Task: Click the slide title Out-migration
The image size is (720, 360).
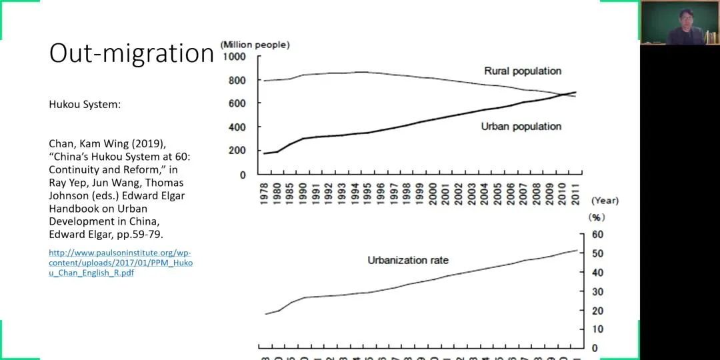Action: [x=131, y=53]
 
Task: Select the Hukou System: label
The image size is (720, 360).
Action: [x=85, y=105]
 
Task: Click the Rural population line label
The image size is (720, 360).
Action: [x=522, y=71]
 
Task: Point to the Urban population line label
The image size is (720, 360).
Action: [x=521, y=127]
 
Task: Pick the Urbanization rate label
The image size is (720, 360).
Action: [x=408, y=260]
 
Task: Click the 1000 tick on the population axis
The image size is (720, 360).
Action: [x=234, y=57]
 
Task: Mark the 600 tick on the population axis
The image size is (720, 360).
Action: [x=237, y=103]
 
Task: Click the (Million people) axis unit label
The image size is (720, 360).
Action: [x=255, y=45]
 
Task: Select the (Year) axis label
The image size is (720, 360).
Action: [x=605, y=201]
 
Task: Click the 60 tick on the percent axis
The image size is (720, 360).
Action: [x=597, y=235]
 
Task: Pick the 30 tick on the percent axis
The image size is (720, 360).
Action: [x=597, y=291]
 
